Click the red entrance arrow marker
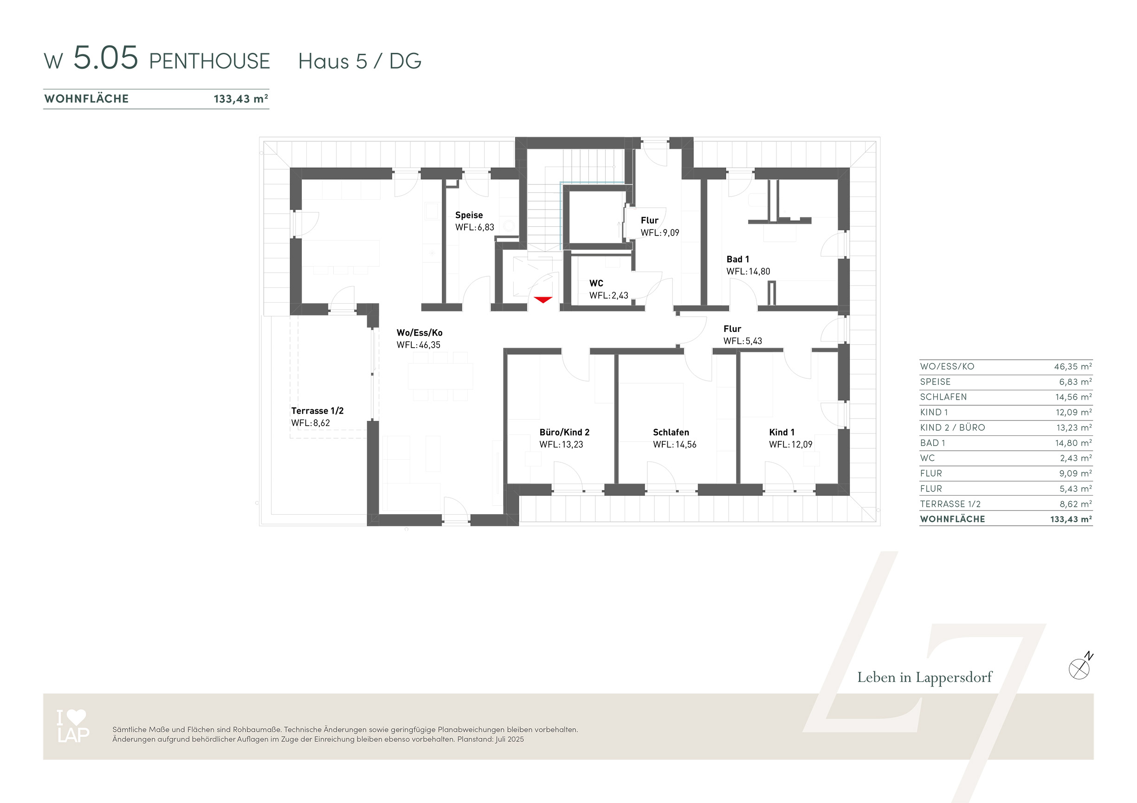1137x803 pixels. [x=543, y=300]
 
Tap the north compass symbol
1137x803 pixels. [x=1080, y=667]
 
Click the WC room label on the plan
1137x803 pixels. [x=596, y=283]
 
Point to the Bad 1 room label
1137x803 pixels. [x=737, y=259]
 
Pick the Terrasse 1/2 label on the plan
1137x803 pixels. [x=317, y=411]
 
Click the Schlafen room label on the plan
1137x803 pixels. [x=671, y=433]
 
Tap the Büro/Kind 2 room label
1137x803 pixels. [x=564, y=433]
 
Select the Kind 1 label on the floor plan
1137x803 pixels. [x=782, y=433]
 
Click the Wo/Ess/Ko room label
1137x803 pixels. [x=420, y=333]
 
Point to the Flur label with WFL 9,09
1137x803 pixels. [x=649, y=221]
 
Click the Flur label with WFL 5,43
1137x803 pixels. [x=732, y=329]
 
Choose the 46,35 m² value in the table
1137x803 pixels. [x=1072, y=367]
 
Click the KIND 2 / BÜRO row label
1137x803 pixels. [x=952, y=427]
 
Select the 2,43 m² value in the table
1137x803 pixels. [x=1076, y=458]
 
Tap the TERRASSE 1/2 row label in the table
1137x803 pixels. [x=950, y=504]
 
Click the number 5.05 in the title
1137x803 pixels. [x=105, y=57]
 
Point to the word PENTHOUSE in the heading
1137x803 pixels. [x=209, y=61]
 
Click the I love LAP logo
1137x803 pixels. [x=73, y=726]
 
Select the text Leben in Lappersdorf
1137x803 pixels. [x=924, y=677]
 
